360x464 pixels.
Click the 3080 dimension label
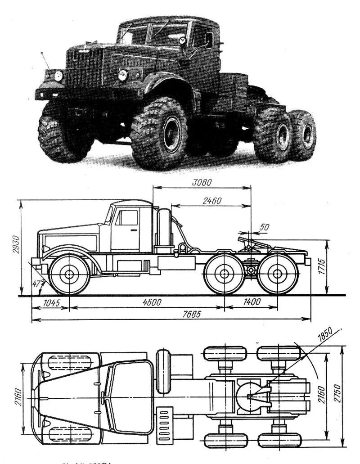pyautogui.click(x=201, y=183)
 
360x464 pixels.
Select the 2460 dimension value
pyautogui.click(x=211, y=201)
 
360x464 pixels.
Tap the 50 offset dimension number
pyautogui.click(x=264, y=228)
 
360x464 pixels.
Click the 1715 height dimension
pyautogui.click(x=333, y=267)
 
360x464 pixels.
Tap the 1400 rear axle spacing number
pyautogui.click(x=251, y=302)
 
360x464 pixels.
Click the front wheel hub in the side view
pyautogui.click(x=69, y=274)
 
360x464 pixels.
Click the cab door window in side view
pyautogui.click(x=129, y=218)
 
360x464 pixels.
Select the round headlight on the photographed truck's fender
pyautogui.click(x=122, y=75)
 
